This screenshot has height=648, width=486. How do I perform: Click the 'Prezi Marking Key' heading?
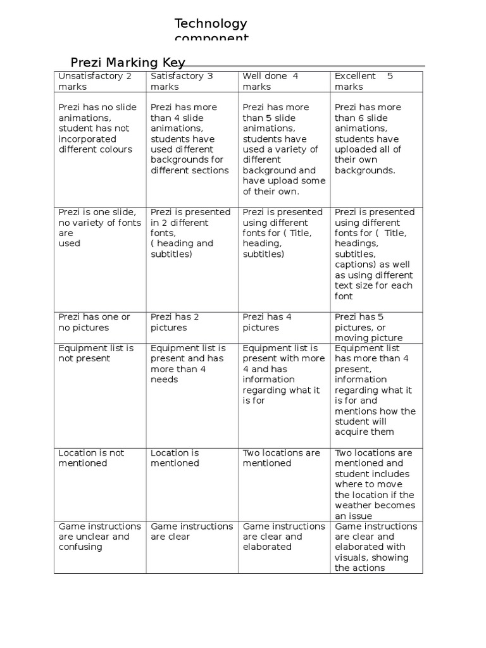tap(128, 62)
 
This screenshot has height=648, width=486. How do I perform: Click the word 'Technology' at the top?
tap(211, 23)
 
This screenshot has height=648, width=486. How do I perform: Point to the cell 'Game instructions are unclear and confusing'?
tap(99, 536)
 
